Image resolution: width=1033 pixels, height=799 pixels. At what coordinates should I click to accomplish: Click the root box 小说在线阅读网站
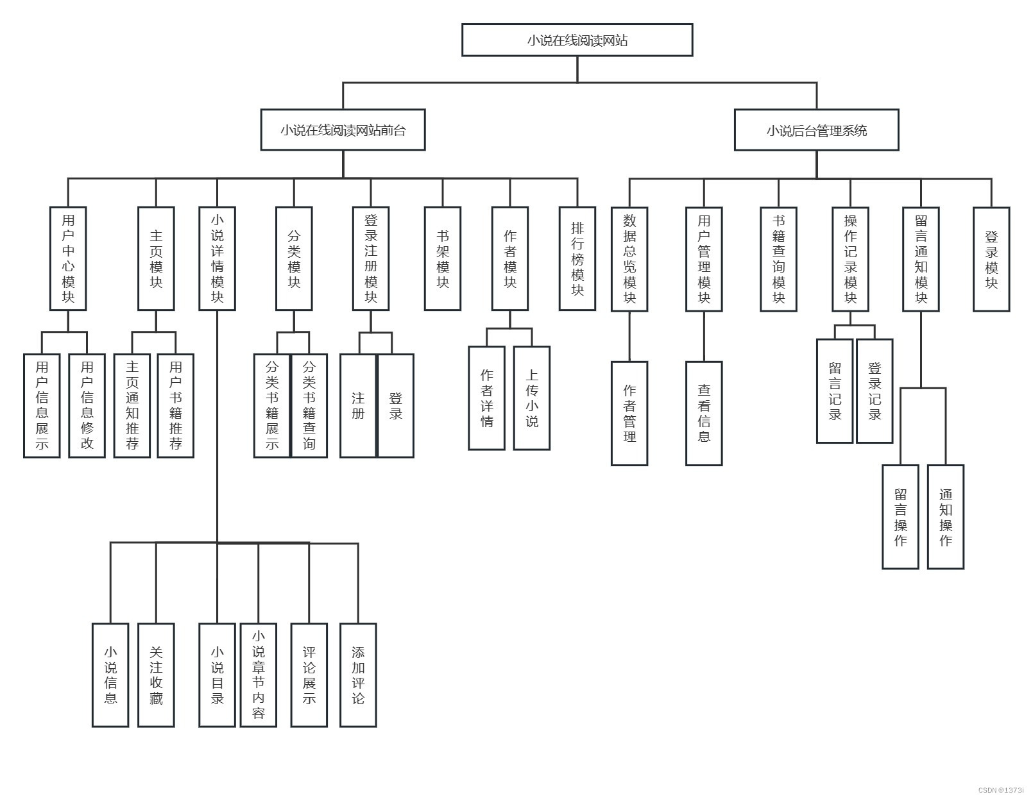pos(577,40)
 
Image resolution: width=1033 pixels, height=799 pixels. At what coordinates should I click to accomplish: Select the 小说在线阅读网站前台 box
pos(343,130)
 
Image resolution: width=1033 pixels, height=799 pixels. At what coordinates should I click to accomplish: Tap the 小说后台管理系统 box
pos(816,130)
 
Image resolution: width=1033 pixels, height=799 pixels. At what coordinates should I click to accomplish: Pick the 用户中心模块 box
pos(68,258)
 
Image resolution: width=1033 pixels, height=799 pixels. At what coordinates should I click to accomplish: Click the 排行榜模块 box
pos(577,258)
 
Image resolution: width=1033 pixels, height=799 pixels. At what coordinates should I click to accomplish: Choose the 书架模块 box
pos(443,258)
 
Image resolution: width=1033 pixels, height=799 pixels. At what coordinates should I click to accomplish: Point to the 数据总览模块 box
pos(629,259)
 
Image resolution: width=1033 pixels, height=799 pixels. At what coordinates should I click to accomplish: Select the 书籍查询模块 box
pos(778,259)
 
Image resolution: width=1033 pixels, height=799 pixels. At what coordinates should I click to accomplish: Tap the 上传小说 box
pos(532,398)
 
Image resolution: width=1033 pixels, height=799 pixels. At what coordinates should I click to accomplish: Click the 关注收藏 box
pos(156,675)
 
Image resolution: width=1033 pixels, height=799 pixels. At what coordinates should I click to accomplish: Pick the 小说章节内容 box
pos(259,675)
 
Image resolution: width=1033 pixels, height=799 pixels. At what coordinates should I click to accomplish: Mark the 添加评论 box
pos(358,675)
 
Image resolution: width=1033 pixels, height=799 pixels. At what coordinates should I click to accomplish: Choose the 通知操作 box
pos(946,517)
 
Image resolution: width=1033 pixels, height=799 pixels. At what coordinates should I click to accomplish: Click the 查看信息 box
pos(704,414)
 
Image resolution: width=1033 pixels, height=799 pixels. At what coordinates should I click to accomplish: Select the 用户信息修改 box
pos(87,406)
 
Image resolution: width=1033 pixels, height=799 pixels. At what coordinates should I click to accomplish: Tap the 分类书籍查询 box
pos(309,406)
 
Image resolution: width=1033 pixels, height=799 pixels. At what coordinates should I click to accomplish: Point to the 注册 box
pos(358,406)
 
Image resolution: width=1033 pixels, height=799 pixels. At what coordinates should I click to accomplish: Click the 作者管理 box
pos(629,414)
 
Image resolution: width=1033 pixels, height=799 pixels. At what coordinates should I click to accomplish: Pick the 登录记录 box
pos(875,391)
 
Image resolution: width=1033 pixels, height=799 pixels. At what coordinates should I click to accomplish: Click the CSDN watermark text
pos(1001,791)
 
